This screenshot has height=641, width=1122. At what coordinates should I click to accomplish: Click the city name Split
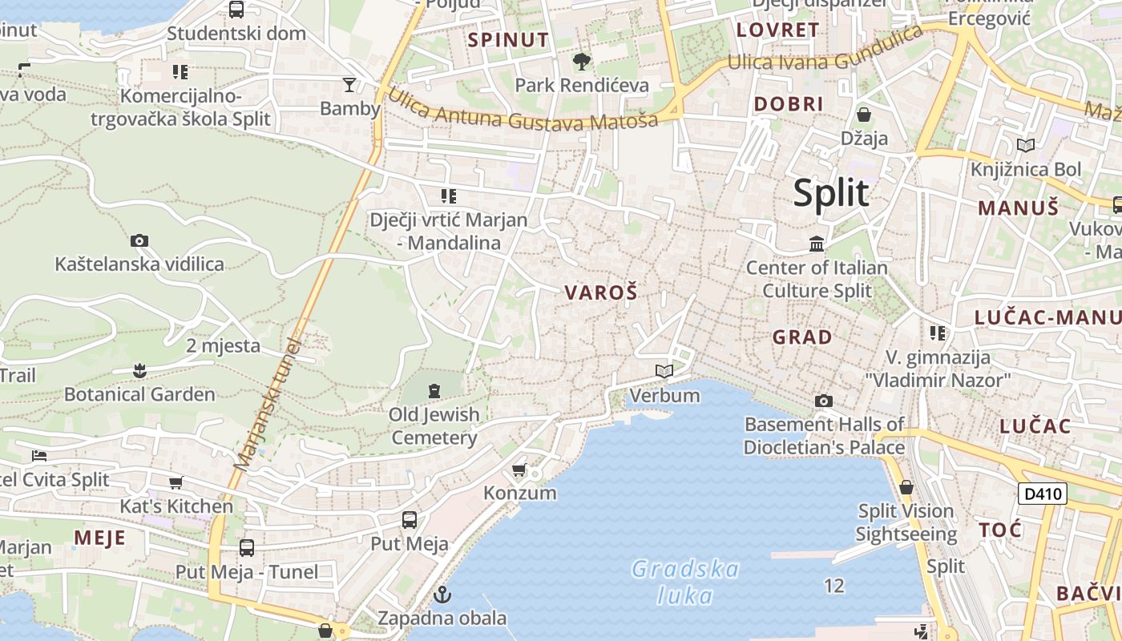point(831,193)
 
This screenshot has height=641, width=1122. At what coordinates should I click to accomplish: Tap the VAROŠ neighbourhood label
point(601,292)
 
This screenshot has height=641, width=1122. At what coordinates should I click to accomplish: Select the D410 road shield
point(1043,494)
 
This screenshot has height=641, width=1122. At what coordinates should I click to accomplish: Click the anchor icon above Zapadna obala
point(442,595)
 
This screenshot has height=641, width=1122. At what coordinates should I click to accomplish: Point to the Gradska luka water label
point(684,582)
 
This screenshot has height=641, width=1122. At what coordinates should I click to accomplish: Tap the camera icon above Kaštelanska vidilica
point(139,240)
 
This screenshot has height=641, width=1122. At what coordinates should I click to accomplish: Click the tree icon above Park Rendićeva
point(581,61)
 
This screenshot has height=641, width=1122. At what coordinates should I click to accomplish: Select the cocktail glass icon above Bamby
point(349,84)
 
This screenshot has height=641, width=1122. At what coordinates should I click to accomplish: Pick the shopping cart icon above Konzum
point(519,470)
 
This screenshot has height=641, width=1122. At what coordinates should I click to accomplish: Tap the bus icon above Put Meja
point(410,520)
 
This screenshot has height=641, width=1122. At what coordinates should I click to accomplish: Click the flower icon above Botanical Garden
point(139,370)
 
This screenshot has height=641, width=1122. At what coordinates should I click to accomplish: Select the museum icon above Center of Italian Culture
point(817,244)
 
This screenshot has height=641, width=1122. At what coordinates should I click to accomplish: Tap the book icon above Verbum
point(664,371)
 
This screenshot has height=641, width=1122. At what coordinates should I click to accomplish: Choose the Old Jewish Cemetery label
point(434,426)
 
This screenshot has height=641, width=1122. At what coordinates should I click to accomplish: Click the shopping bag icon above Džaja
point(864,115)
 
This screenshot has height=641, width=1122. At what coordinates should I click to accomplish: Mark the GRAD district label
point(802,337)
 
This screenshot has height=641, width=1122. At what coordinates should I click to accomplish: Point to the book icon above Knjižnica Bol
point(1025,145)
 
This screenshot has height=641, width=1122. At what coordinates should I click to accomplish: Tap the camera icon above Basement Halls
point(823,401)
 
